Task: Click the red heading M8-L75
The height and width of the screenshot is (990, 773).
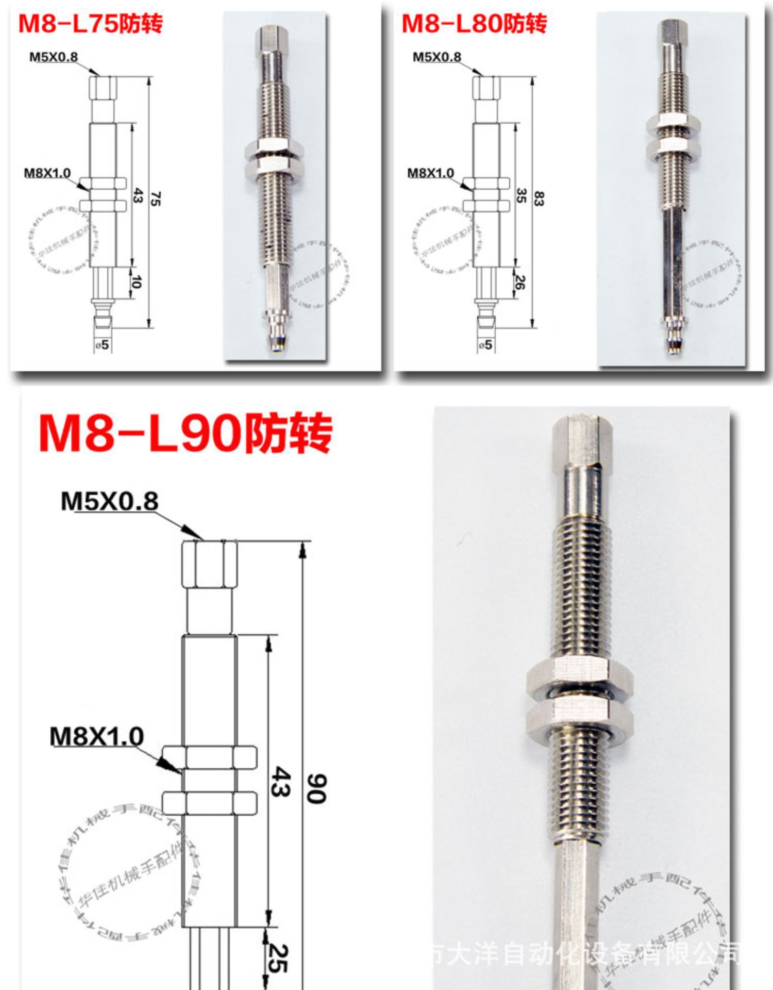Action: click(90, 24)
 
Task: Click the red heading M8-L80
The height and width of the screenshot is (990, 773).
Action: click(474, 24)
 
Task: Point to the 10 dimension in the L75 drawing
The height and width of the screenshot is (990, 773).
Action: click(137, 282)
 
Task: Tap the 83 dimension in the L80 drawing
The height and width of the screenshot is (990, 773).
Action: click(539, 199)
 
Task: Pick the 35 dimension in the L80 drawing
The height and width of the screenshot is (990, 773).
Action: click(521, 195)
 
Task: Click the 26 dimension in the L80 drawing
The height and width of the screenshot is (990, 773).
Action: click(520, 282)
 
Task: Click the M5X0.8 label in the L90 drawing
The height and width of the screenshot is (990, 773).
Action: click(109, 501)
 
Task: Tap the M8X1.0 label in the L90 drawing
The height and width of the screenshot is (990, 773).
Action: click(96, 736)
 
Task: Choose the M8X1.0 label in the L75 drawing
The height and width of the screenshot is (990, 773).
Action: click(47, 173)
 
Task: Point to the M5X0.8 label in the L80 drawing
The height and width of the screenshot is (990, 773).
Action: click(436, 57)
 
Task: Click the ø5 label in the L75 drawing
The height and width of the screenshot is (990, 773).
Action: click(103, 344)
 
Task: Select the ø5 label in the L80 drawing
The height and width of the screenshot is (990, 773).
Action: click(485, 344)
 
